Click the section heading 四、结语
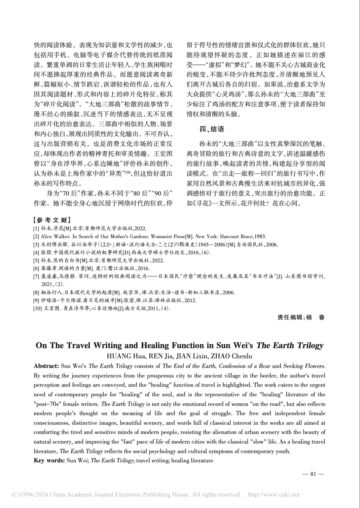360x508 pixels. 212,129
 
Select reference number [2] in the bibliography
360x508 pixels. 36,236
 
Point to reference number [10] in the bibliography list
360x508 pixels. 37,308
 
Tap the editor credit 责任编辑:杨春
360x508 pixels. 301,317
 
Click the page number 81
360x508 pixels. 313,474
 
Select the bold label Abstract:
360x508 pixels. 46,366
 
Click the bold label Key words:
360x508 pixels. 49,460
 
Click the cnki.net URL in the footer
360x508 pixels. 273,494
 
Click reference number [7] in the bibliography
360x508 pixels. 36,276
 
